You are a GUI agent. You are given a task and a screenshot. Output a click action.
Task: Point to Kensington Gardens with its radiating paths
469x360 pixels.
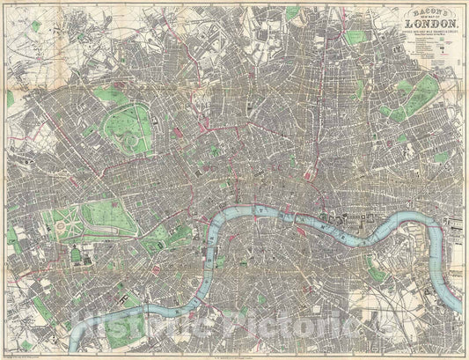(66, 220)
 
